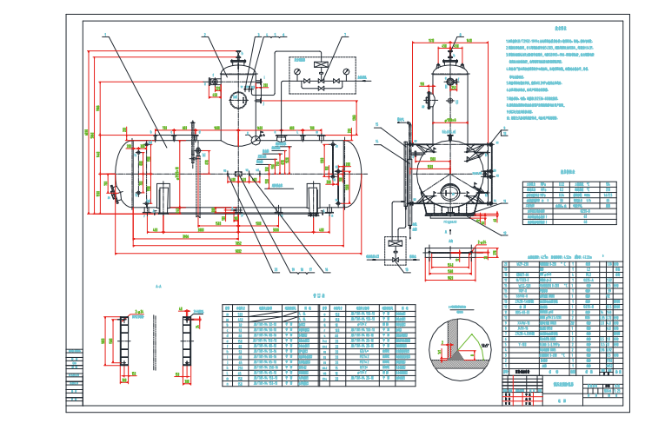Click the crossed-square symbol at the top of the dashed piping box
323,64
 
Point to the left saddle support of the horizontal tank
163,196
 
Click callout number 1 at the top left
104,35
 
